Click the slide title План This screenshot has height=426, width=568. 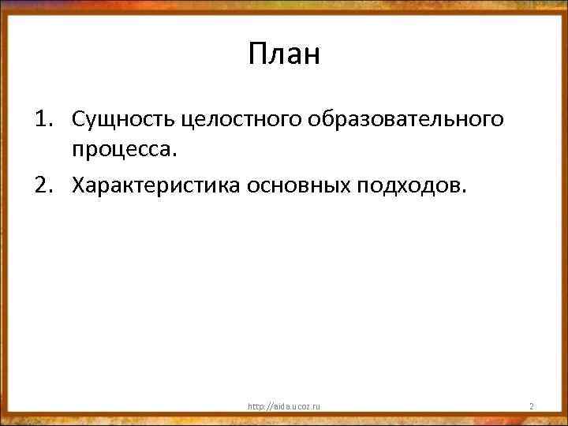click(284, 54)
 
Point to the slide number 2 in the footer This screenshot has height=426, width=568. click(532, 406)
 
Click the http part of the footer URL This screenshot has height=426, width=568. click(255, 406)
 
